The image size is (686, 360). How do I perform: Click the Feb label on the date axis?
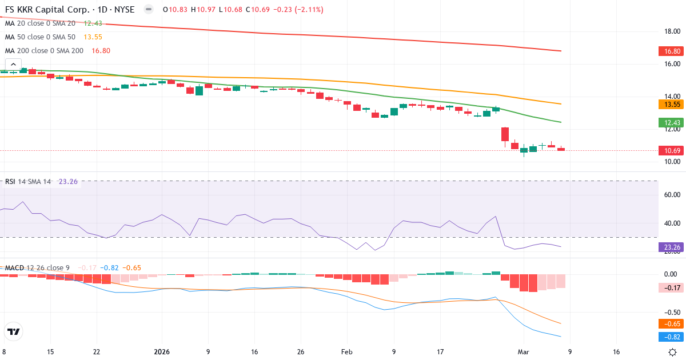[x=347, y=352]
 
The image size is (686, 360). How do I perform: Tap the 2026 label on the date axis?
[x=162, y=352]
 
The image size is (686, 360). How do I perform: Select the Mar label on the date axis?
[x=523, y=352]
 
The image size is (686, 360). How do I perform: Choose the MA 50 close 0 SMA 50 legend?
[x=40, y=37]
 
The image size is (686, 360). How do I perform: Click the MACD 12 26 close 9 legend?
[x=37, y=267]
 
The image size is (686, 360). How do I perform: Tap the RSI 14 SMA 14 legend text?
[x=28, y=182]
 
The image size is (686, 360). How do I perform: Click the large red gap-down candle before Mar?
[x=505, y=134]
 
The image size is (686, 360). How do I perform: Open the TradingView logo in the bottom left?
[x=13, y=331]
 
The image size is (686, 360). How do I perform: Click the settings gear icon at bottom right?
[x=673, y=352]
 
